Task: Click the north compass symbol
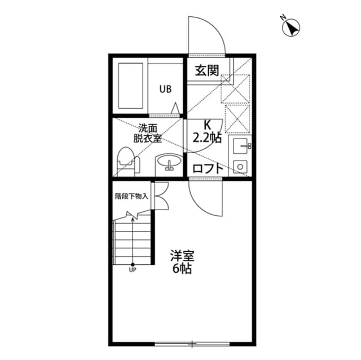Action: tap(292, 27)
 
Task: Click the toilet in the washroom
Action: tap(125, 161)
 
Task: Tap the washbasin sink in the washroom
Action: tap(168, 163)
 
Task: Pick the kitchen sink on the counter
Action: tap(242, 146)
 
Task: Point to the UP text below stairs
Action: tap(133, 270)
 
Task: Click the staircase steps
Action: tap(133, 242)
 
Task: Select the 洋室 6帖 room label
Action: tap(182, 262)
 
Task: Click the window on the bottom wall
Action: tap(192, 343)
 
